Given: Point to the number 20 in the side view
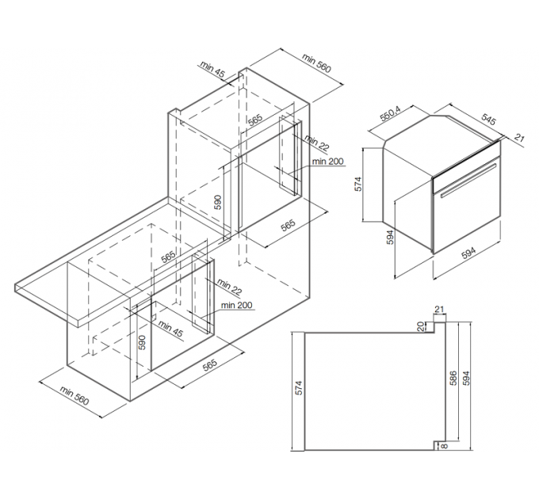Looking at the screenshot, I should pyautogui.click(x=420, y=325).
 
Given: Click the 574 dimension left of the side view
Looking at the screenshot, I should pyautogui.click(x=299, y=388).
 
